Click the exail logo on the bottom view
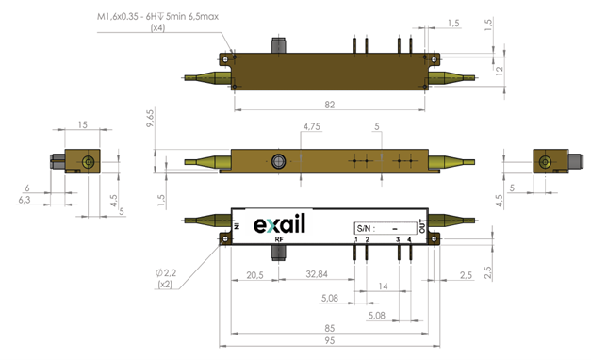tap(279, 224)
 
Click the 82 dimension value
tap(329, 105)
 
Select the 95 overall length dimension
tap(329, 340)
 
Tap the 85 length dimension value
tap(329, 328)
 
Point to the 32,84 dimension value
tap(317, 274)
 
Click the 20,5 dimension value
tap(254, 275)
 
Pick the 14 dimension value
tap(383, 286)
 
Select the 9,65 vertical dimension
tap(150, 118)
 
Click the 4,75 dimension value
tap(312, 126)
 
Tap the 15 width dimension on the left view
tap(83, 124)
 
